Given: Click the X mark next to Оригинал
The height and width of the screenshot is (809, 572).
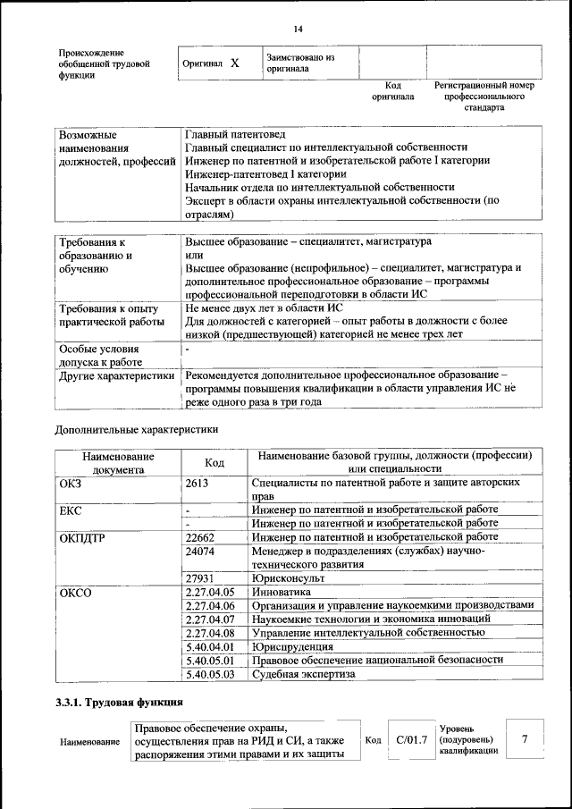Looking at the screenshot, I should (234, 63).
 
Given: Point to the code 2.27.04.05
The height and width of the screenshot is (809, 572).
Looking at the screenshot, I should (208, 592).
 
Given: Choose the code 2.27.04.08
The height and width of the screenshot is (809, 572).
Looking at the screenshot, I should (208, 632).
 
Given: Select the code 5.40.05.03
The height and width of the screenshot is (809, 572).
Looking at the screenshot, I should (208, 673).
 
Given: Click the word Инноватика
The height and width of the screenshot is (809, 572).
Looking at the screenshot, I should (282, 592).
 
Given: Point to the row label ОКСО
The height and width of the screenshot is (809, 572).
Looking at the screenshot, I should (75, 592).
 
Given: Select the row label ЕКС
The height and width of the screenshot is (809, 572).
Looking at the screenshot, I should (70, 510).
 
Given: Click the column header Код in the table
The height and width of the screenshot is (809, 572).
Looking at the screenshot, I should (214, 462).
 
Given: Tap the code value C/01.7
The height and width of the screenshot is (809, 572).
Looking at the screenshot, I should (411, 739).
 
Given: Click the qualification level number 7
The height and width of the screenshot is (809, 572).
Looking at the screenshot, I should (525, 738).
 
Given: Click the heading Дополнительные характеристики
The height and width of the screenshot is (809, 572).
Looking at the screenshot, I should (137, 429).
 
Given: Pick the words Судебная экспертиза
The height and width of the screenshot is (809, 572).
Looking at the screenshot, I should (303, 673).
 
